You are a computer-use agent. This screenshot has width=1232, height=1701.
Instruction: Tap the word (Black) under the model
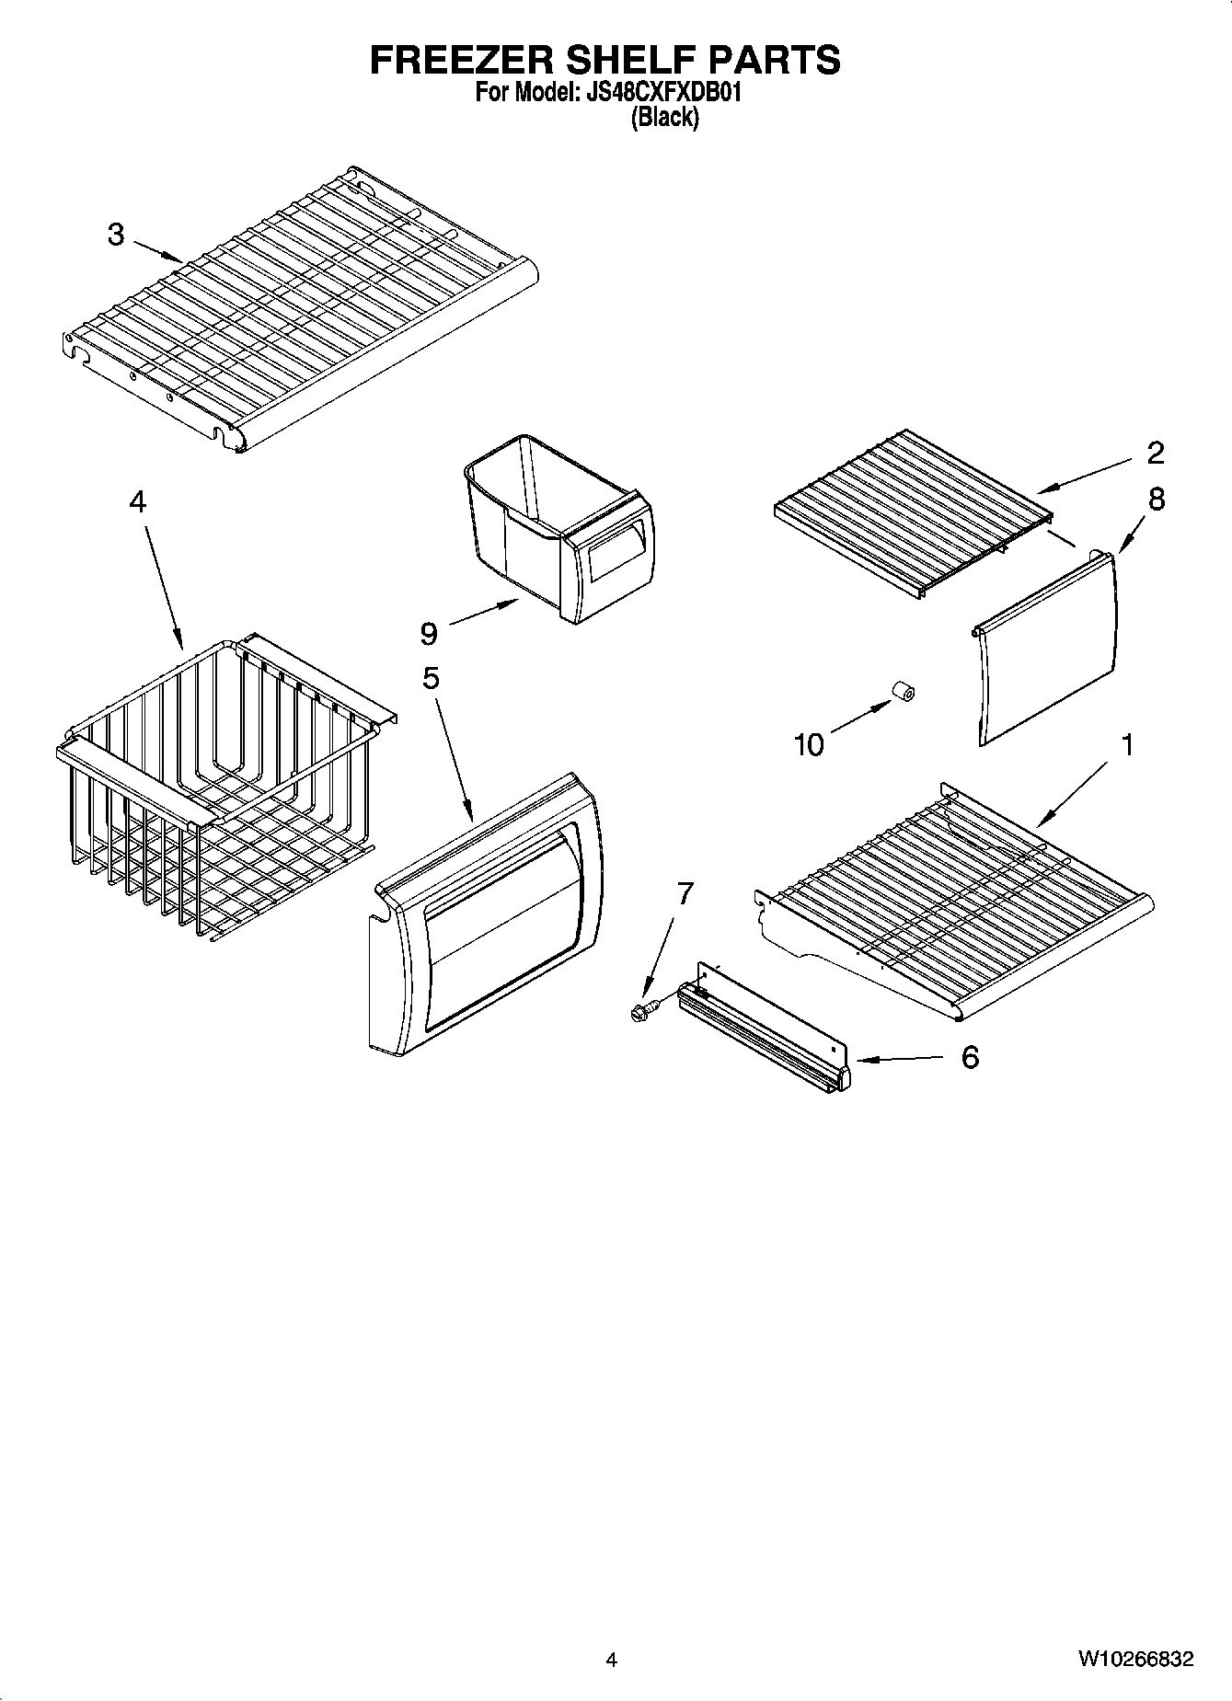663,118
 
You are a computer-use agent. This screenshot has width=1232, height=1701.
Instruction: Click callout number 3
116,235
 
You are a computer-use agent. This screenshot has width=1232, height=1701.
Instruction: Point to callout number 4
137,501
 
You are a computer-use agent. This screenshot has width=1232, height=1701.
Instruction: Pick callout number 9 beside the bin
429,633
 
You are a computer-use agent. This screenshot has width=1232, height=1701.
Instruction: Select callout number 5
431,678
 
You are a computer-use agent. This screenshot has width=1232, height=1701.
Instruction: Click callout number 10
809,744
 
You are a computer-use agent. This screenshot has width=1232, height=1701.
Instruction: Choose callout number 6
970,1058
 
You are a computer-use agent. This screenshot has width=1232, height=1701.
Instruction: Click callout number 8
1157,500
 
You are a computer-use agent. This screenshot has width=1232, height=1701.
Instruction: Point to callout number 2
1156,452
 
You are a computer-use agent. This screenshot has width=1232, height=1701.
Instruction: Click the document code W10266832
1136,1660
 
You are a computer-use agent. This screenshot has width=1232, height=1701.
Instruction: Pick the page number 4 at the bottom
611,1660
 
